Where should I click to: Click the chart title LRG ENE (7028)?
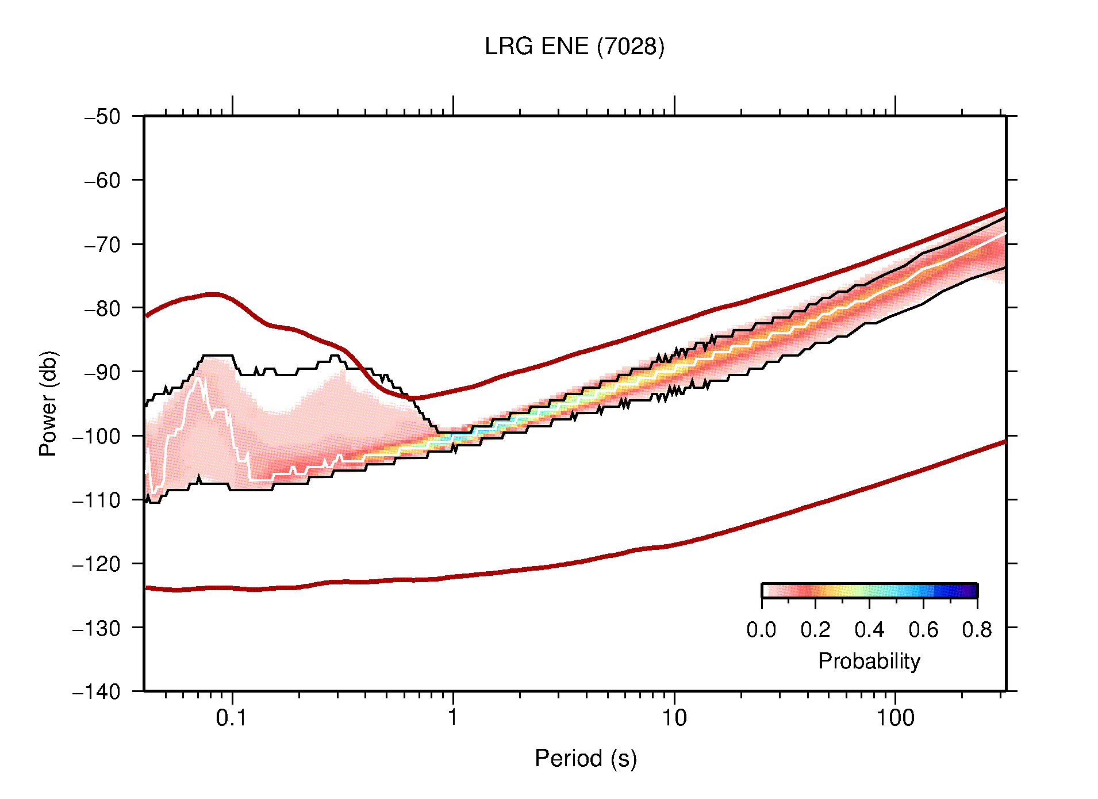coord(574,47)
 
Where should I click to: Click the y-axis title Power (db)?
coord(48,403)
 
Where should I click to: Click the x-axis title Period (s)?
coord(585,759)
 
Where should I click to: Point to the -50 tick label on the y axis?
coord(103,117)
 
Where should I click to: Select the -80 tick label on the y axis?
coord(103,308)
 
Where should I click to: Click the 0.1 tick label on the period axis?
coord(232,718)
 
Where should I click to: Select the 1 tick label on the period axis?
coord(453,718)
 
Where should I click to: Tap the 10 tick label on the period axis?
coord(674,718)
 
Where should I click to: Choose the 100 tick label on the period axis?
coord(894,718)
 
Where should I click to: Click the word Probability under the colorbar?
coord(869,662)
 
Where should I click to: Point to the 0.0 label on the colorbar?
coord(761,630)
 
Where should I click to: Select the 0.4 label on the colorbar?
coord(869,630)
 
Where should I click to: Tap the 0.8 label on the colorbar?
coord(977,630)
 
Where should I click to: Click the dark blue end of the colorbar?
coord(972,591)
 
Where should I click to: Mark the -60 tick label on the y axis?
coord(103,181)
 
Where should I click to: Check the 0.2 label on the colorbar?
coord(815,630)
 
